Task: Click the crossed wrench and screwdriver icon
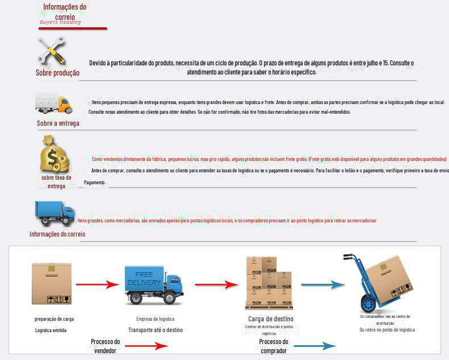(x=51, y=51)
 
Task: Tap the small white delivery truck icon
(x=54, y=104)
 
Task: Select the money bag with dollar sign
(x=55, y=154)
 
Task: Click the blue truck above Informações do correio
(x=55, y=212)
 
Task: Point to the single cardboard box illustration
(x=52, y=284)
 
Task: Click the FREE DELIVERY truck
(x=153, y=285)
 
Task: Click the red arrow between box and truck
(x=96, y=284)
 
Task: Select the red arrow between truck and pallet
(x=216, y=284)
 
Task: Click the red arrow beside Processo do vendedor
(x=147, y=346)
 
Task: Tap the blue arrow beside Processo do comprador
(x=314, y=346)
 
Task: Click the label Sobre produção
(x=57, y=73)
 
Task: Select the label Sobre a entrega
(x=58, y=123)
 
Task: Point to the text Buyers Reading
(x=60, y=22)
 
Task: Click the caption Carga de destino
(x=271, y=318)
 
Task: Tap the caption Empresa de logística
(x=155, y=319)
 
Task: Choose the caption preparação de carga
(x=54, y=319)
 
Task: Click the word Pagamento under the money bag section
(x=94, y=183)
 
